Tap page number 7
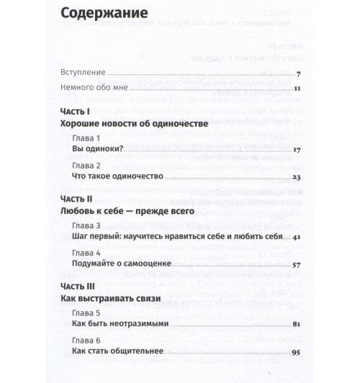pyautogui.click(x=297, y=73)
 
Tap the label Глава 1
pyautogui.click(x=86, y=138)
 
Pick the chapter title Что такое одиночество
pyautogui.click(x=118, y=176)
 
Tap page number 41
pyautogui.click(x=296, y=237)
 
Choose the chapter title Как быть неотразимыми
pyautogui.click(x=120, y=324)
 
